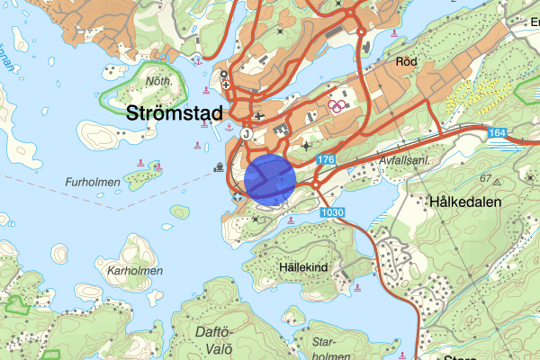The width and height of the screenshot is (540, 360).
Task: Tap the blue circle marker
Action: point(270,179)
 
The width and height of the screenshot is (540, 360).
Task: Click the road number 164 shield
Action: point(499,134)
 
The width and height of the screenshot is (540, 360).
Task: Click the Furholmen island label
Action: point(93,182)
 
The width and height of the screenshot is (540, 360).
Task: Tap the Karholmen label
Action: point(134,270)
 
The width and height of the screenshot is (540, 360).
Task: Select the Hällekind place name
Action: point(301,267)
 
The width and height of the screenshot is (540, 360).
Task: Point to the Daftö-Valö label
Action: point(213,339)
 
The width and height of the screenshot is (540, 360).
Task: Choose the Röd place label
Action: point(407,62)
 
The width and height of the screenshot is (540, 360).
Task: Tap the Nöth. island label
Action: point(157,81)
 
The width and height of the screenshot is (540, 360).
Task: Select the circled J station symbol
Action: point(246,132)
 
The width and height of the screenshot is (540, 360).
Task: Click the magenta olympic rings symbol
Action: point(337,104)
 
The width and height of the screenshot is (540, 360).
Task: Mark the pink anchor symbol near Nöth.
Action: point(196,61)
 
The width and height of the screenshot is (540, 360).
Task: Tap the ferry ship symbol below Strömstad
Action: point(219,166)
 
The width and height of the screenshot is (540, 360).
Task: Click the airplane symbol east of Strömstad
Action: point(260,115)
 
